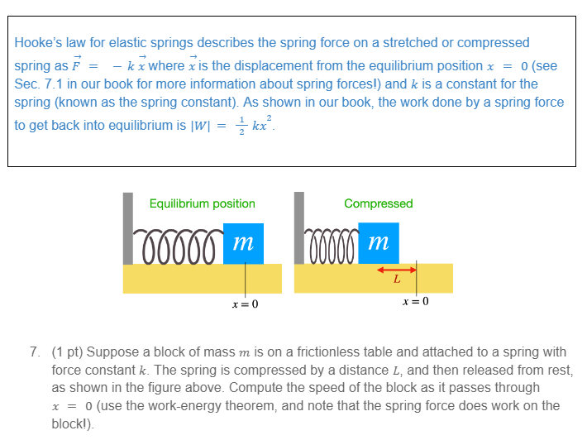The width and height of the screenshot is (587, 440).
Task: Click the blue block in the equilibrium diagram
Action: click(x=243, y=243)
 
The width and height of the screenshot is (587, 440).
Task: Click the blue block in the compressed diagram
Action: click(x=379, y=243)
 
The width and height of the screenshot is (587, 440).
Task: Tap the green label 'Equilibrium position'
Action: click(x=203, y=203)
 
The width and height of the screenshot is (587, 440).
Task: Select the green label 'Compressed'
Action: click(x=379, y=203)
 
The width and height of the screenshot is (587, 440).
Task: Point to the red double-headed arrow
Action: click(x=397, y=268)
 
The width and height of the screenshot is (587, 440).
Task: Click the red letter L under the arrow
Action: click(x=397, y=280)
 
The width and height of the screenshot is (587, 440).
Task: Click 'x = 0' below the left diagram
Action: click(x=246, y=304)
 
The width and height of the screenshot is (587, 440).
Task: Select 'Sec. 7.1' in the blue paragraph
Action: click(x=40, y=84)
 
